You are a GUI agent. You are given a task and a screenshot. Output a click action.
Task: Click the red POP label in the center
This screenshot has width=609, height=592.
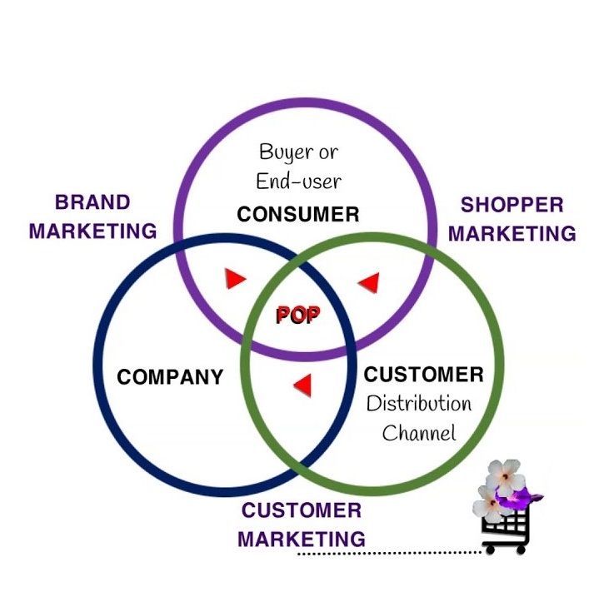297,316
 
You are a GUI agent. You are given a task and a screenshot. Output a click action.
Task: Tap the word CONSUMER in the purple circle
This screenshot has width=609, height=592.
297,214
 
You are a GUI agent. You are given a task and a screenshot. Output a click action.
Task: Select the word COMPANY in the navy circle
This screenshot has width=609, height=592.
170,376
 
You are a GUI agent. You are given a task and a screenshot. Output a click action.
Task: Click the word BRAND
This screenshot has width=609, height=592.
92,202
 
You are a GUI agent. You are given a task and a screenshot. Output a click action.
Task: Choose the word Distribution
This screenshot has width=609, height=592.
419,404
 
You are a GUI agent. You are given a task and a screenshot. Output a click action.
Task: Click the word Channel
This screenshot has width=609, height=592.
419,433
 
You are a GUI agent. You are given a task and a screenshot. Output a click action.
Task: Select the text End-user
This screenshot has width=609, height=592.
298,179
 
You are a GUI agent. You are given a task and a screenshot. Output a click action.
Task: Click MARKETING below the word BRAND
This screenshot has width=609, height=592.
92,231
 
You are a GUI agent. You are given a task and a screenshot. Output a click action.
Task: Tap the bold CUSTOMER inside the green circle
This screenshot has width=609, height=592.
423,375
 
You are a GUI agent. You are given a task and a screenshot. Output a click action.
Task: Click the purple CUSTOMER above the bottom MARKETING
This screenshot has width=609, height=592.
301,510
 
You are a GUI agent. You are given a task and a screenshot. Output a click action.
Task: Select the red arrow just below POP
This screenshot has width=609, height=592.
302,385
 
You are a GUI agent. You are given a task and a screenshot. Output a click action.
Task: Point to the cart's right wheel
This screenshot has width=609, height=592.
522,549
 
